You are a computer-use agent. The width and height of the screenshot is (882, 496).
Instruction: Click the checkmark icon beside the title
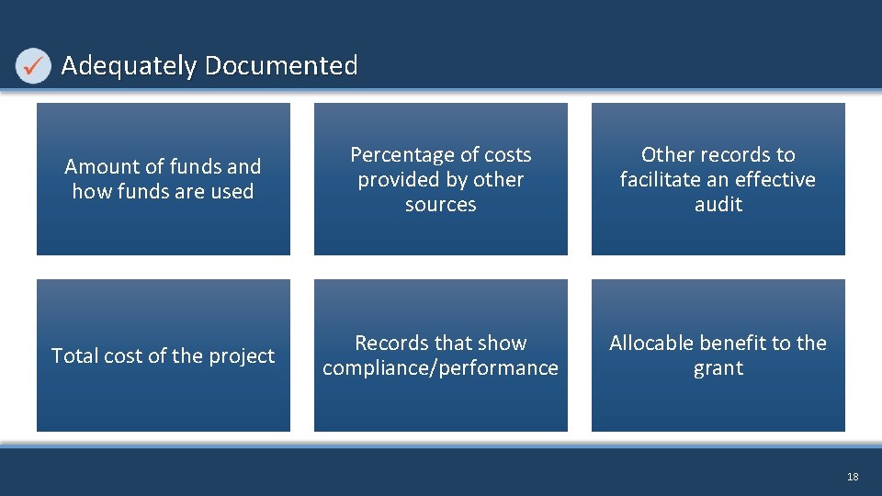coord(34,66)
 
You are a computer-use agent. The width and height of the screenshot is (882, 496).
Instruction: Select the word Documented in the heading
coord(281,66)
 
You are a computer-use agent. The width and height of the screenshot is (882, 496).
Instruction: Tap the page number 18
coord(853,477)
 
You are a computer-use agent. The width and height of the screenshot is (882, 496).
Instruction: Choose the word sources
coord(441,204)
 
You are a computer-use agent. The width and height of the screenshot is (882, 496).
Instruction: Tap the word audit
coord(718,204)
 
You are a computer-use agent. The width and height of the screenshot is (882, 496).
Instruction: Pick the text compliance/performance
coord(441,367)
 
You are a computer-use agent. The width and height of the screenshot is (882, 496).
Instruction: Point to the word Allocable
coord(650,343)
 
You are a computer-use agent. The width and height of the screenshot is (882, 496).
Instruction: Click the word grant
coord(718,367)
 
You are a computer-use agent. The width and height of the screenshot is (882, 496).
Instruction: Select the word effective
coord(775,179)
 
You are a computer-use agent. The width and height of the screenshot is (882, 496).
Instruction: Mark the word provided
coord(399,179)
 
